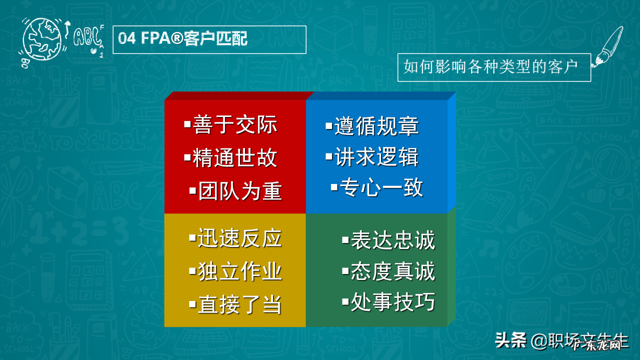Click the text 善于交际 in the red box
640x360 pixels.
(x=235, y=125)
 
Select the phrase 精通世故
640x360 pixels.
(x=235, y=158)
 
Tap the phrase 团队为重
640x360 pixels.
(x=240, y=191)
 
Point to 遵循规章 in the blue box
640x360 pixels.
(x=376, y=126)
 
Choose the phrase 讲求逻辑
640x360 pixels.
(x=376, y=157)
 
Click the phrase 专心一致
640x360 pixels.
(x=381, y=188)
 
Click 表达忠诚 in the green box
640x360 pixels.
(x=393, y=240)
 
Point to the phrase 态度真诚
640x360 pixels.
(x=393, y=271)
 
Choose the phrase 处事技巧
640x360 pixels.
(x=393, y=302)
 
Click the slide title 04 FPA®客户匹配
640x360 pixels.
(x=183, y=39)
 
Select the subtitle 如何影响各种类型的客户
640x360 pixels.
(x=490, y=66)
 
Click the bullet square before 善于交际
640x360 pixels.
(x=187, y=124)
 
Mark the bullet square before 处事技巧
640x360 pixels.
(x=345, y=301)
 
